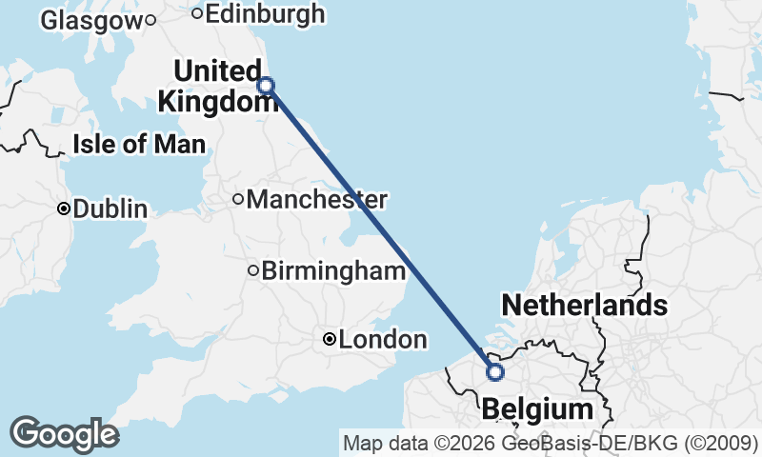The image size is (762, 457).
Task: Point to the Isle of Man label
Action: [x=139, y=145]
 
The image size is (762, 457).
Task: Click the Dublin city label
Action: [x=110, y=209]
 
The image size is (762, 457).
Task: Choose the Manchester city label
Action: [x=316, y=200]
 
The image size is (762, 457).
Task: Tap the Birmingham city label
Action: [x=333, y=271]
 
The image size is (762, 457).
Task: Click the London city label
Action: [x=382, y=339]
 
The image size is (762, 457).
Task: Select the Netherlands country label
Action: [x=584, y=306]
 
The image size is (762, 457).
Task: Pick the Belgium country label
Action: [x=536, y=409]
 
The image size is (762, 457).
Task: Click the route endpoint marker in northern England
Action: [x=267, y=86]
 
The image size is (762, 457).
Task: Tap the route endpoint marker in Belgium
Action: [x=494, y=372]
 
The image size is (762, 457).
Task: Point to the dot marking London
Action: [x=329, y=339]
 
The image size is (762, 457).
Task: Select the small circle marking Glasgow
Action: [x=150, y=19]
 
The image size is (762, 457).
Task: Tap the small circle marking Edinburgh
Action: [x=197, y=13]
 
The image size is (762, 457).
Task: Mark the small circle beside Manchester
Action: [x=238, y=199]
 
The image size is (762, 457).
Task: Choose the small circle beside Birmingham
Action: [x=253, y=270]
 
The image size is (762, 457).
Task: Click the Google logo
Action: [x=64, y=434]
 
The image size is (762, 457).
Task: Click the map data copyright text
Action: [x=550, y=443]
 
